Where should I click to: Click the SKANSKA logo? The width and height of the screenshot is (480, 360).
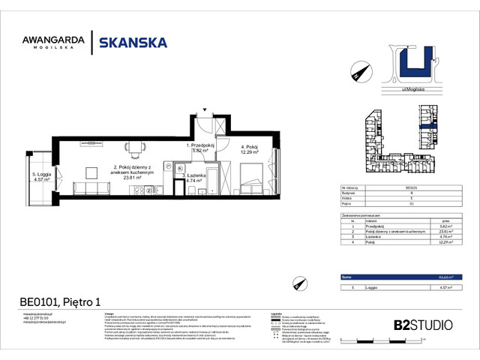point(133,43)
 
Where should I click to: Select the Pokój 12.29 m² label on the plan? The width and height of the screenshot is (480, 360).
point(249,150)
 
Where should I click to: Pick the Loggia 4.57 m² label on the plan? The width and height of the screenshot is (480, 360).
point(41,178)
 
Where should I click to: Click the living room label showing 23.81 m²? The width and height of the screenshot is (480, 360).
point(133,171)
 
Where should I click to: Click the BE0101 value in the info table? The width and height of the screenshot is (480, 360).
point(411,187)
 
